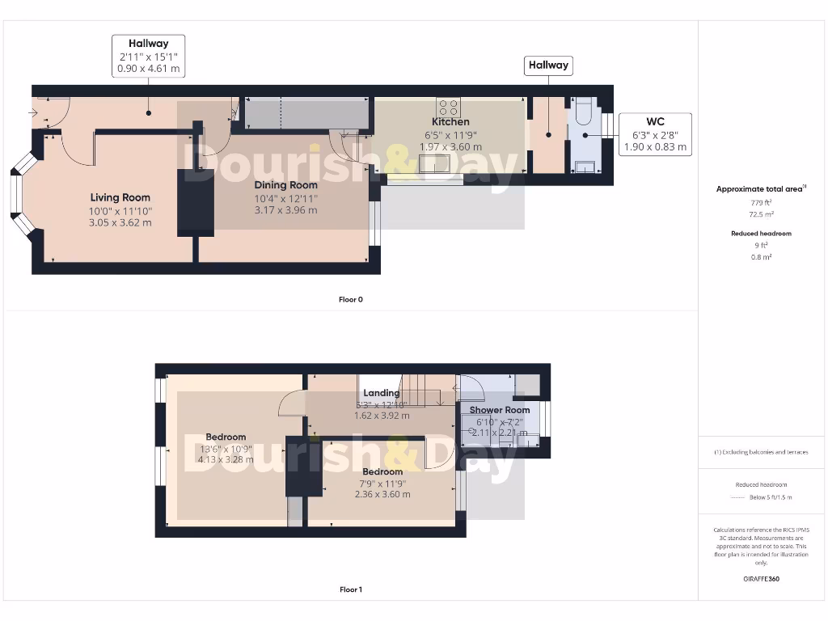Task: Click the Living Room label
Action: tap(120, 197)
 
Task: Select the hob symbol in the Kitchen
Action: tap(448, 108)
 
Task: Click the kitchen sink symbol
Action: tap(436, 163)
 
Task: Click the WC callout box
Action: tap(655, 134)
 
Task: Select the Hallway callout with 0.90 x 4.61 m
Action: tap(148, 57)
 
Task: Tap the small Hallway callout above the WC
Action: tap(548, 65)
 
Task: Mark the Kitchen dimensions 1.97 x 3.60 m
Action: tap(450, 147)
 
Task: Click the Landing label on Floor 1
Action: tap(382, 394)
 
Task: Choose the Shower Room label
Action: tap(500, 410)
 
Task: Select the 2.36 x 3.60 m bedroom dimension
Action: tap(382, 494)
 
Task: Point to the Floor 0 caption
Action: tap(351, 299)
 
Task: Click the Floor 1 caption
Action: tap(351, 589)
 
